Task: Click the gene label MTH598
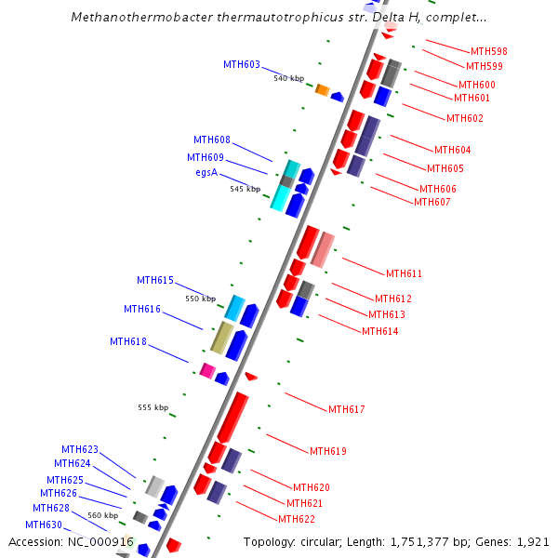(488, 51)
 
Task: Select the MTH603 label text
(242, 64)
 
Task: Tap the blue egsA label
(206, 173)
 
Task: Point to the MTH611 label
(404, 273)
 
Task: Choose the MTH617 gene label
(346, 409)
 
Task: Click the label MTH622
(297, 519)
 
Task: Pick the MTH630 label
(44, 525)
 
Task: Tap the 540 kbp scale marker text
(288, 78)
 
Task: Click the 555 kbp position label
(153, 407)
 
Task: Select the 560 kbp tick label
(102, 515)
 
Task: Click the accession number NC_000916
(102, 541)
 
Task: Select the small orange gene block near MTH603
(323, 89)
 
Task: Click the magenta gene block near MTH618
(207, 370)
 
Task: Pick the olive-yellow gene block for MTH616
(221, 338)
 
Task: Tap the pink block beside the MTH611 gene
(322, 249)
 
